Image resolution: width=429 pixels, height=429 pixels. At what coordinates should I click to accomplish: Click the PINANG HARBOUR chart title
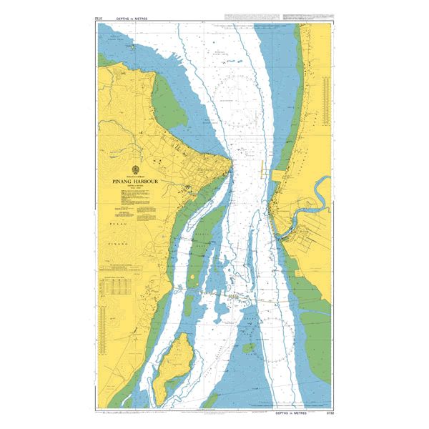point(135,182)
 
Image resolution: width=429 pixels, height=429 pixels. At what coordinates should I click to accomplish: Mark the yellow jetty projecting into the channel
point(263,172)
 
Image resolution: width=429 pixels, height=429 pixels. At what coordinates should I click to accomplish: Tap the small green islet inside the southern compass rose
point(248,348)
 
